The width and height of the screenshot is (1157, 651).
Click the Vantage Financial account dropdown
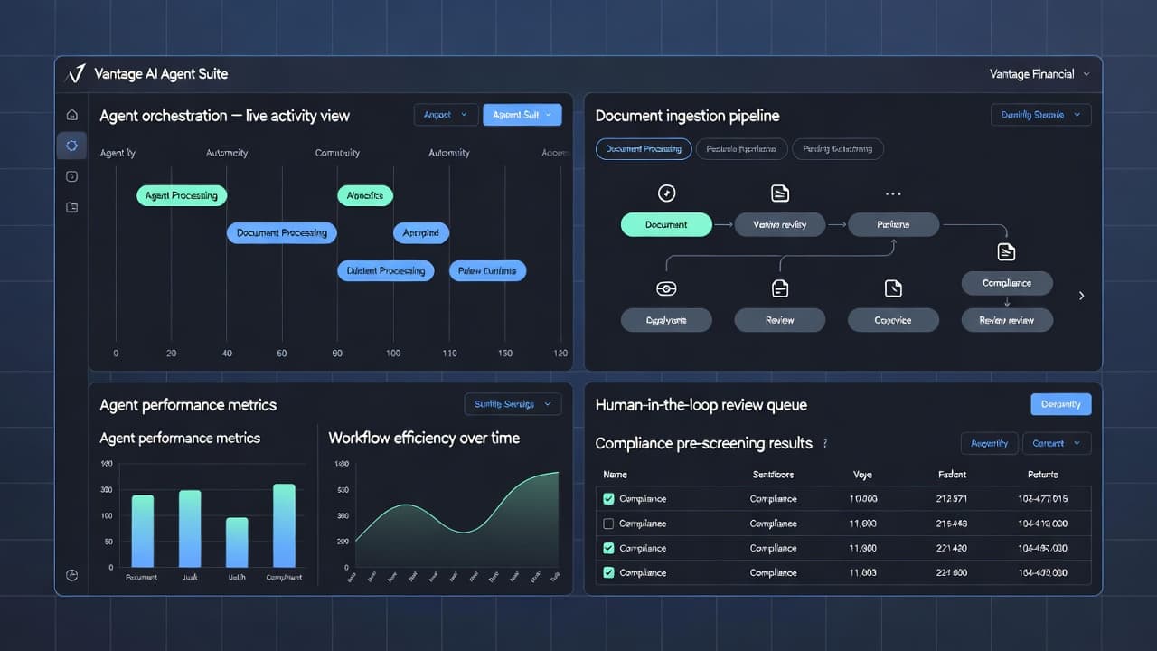1039,74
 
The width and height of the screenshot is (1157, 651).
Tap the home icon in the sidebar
72,115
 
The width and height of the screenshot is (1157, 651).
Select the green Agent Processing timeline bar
182,195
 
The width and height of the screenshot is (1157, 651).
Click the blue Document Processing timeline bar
282,233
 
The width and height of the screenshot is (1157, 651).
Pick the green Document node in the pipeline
666,225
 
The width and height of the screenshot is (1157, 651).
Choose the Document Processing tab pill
644,149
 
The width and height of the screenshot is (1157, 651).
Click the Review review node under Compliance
1006,320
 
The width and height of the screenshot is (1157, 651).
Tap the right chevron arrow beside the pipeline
1082,296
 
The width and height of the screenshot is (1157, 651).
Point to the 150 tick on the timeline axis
505,354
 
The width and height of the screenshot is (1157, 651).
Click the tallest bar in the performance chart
284,525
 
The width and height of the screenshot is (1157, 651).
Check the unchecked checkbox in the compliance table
608,524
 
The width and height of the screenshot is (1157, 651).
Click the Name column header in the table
615,475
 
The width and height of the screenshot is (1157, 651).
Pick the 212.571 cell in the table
952,499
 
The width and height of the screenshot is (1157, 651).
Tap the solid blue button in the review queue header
1060,404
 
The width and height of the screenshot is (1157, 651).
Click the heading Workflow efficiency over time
424,438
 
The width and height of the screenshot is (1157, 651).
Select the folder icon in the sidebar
72,207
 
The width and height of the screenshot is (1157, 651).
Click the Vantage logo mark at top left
76,74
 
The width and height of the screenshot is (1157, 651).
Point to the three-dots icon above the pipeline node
893,193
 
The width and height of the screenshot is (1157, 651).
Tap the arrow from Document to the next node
723,225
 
